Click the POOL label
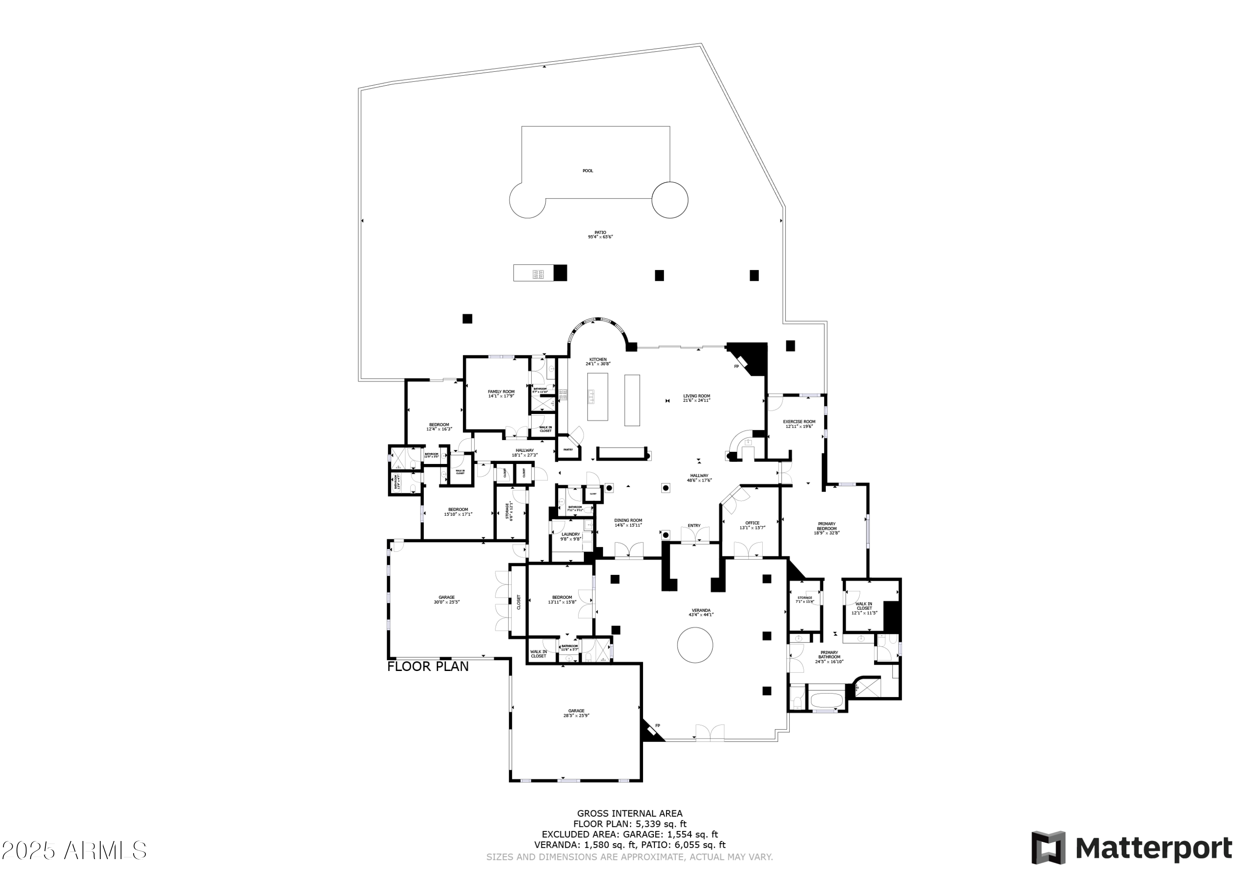pos(588,170)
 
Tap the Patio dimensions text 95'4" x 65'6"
pos(600,237)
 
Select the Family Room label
pos(501,392)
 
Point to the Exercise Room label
pos(799,422)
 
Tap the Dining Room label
pos(628,520)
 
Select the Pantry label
pos(568,450)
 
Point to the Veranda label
pos(701,610)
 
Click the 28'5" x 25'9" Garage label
pos(576,711)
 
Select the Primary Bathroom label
pos(829,655)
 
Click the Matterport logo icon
pos(1048,848)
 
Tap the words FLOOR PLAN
pos(428,667)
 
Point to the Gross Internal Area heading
pos(630,814)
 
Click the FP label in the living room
pos(736,367)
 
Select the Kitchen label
pos(598,359)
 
